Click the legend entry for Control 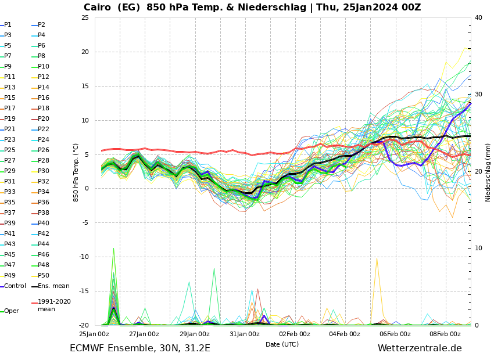pyautogui.click(x=15, y=286)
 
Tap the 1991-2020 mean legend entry pyautogui.click(x=54, y=305)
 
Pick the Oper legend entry pyautogui.click(x=12, y=311)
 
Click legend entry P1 pyautogui.click(x=8, y=25)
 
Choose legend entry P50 pyautogui.click(x=44, y=275)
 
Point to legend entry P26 pyautogui.click(x=44, y=150)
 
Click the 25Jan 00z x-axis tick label pyautogui.click(x=94, y=334)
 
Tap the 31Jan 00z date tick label pyautogui.click(x=245, y=334)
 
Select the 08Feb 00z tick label pyautogui.click(x=445, y=334)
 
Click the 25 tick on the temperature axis pyautogui.click(x=85, y=17)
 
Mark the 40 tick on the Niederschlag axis pyautogui.click(x=478, y=17)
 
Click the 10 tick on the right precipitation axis pyautogui.click(x=478, y=248)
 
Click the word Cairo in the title pyautogui.click(x=99, y=8)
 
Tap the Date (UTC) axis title pyautogui.click(x=282, y=344)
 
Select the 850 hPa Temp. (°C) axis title pyautogui.click(x=76, y=172)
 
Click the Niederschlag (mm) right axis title pyautogui.click(x=488, y=172)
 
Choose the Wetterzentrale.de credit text pyautogui.click(x=420, y=348)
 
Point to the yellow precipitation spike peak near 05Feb pyautogui.click(x=377, y=257)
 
